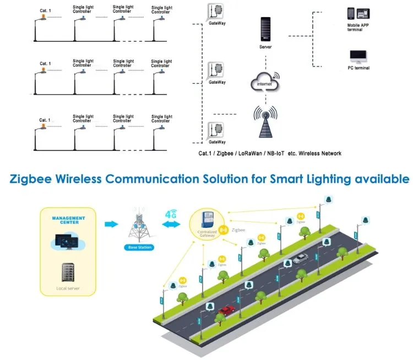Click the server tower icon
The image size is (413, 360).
(x=265, y=30)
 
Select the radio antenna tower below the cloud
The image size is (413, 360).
(x=265, y=122)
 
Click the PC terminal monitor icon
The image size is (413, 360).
(x=358, y=57)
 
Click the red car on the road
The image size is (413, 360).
(x=226, y=310)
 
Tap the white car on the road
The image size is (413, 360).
(x=300, y=258)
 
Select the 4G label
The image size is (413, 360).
(x=171, y=212)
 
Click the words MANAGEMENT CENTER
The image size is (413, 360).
(x=68, y=220)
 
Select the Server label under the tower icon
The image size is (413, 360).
(x=265, y=47)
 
